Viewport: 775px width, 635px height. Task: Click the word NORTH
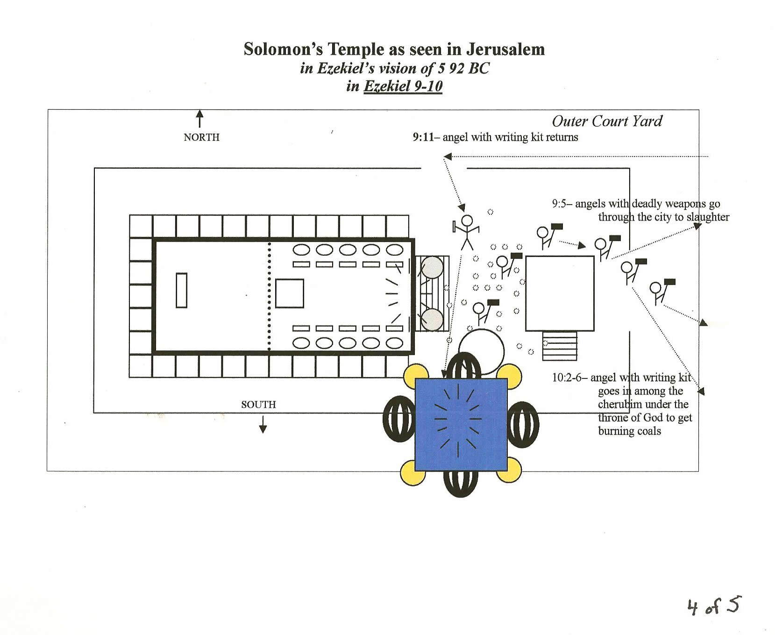click(x=201, y=137)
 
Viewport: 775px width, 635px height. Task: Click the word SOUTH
click(x=258, y=405)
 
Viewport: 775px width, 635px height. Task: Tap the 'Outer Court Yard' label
click(x=607, y=121)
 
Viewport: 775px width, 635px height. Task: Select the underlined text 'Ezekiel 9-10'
click(x=403, y=86)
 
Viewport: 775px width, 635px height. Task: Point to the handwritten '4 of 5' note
click(x=713, y=606)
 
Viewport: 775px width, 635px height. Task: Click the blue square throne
click(x=461, y=424)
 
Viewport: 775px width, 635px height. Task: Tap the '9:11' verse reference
click(x=423, y=137)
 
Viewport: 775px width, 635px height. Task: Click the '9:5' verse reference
click(x=561, y=204)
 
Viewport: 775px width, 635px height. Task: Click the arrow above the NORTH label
click(x=200, y=118)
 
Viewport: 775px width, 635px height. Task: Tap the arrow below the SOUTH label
click(x=263, y=424)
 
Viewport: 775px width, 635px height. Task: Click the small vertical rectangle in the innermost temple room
click(x=181, y=290)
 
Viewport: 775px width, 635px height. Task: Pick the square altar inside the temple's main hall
click(x=289, y=293)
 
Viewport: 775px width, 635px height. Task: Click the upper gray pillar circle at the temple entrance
click(x=432, y=267)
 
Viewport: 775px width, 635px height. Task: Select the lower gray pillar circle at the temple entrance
click(x=432, y=320)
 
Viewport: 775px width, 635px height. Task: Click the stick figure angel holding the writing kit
click(x=466, y=231)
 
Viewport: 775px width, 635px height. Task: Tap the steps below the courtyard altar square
click(x=560, y=346)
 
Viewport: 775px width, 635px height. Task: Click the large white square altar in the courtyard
click(x=560, y=293)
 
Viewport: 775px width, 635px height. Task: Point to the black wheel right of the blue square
click(x=523, y=424)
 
